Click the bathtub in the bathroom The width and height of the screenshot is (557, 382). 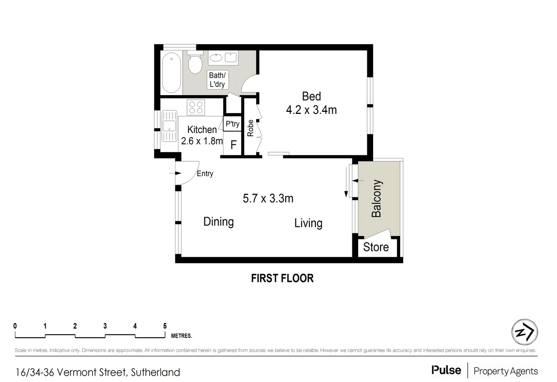click(171, 73)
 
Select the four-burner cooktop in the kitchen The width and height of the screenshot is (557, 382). click(196, 108)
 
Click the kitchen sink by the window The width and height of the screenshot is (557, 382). click(169, 126)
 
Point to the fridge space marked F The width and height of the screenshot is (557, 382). click(233, 145)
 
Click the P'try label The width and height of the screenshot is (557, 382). click(232, 124)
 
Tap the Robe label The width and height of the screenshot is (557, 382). click(250, 128)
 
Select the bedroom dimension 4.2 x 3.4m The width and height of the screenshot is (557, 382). click(311, 110)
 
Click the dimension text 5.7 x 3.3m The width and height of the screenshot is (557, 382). click(268, 198)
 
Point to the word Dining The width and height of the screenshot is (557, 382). click(219, 222)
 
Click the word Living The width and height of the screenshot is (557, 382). click(308, 223)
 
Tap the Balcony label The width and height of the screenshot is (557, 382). click(376, 198)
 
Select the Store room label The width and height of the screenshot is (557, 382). click(376, 247)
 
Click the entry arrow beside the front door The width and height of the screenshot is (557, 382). click(175, 173)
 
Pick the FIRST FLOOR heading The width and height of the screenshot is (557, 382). click(282, 278)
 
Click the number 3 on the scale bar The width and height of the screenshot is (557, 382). click(105, 326)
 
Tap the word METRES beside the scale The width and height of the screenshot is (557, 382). click(181, 336)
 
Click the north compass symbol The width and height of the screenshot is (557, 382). click(524, 332)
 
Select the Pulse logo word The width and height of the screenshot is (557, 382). click(446, 370)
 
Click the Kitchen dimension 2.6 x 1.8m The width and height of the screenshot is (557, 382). click(202, 141)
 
